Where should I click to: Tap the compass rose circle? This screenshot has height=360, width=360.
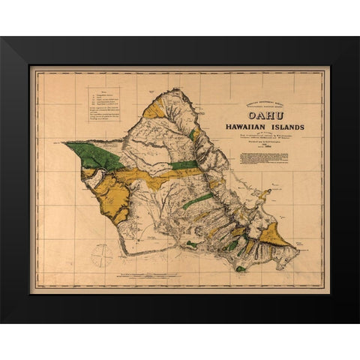pyautogui.click(x=101, y=256)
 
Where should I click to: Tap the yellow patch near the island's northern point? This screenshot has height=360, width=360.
pyautogui.click(x=154, y=109)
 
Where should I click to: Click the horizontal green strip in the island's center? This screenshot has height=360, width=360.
pyautogui.click(x=184, y=165)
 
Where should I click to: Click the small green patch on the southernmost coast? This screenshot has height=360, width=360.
pyautogui.click(x=240, y=268)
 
